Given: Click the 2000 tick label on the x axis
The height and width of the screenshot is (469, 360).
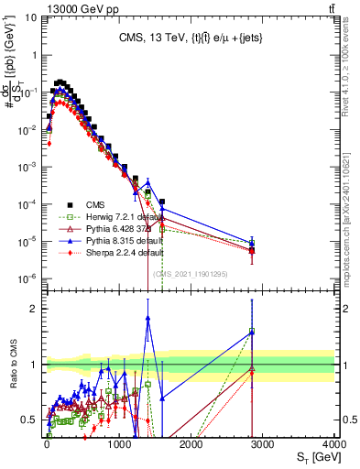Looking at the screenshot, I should (x=191, y=443).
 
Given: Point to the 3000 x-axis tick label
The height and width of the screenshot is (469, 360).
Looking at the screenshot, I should (x=262, y=443).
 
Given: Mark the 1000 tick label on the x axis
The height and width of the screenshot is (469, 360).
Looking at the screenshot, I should (x=119, y=443).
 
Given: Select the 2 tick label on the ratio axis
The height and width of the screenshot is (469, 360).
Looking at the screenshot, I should (x=36, y=309).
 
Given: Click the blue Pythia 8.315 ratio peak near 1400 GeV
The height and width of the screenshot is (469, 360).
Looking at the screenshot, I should (x=147, y=318).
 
